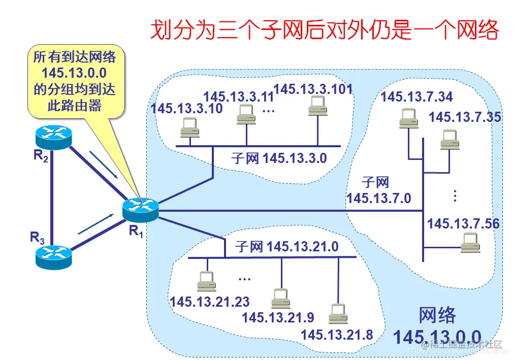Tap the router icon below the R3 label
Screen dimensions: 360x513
coord(53,257)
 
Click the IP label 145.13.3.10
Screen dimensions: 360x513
coord(186,108)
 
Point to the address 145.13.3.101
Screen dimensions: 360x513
coord(313,89)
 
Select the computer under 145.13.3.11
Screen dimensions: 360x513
coord(246,115)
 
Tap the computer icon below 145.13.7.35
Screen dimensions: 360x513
coord(449,139)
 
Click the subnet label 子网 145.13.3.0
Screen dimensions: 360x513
coord(279,158)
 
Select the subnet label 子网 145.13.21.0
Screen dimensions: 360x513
coord(286,247)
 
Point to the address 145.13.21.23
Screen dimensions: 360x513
coord(210,302)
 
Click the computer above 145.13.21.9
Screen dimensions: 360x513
coord(280,298)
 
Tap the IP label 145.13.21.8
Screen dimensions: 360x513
coord(337,335)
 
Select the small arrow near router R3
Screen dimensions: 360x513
coord(95,223)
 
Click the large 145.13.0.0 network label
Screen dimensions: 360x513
coord(437,336)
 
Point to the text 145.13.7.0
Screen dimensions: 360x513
coord(378,198)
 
